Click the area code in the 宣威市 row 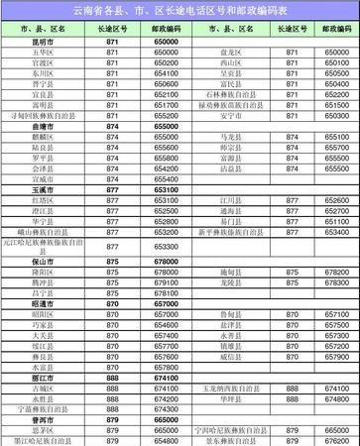111,178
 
